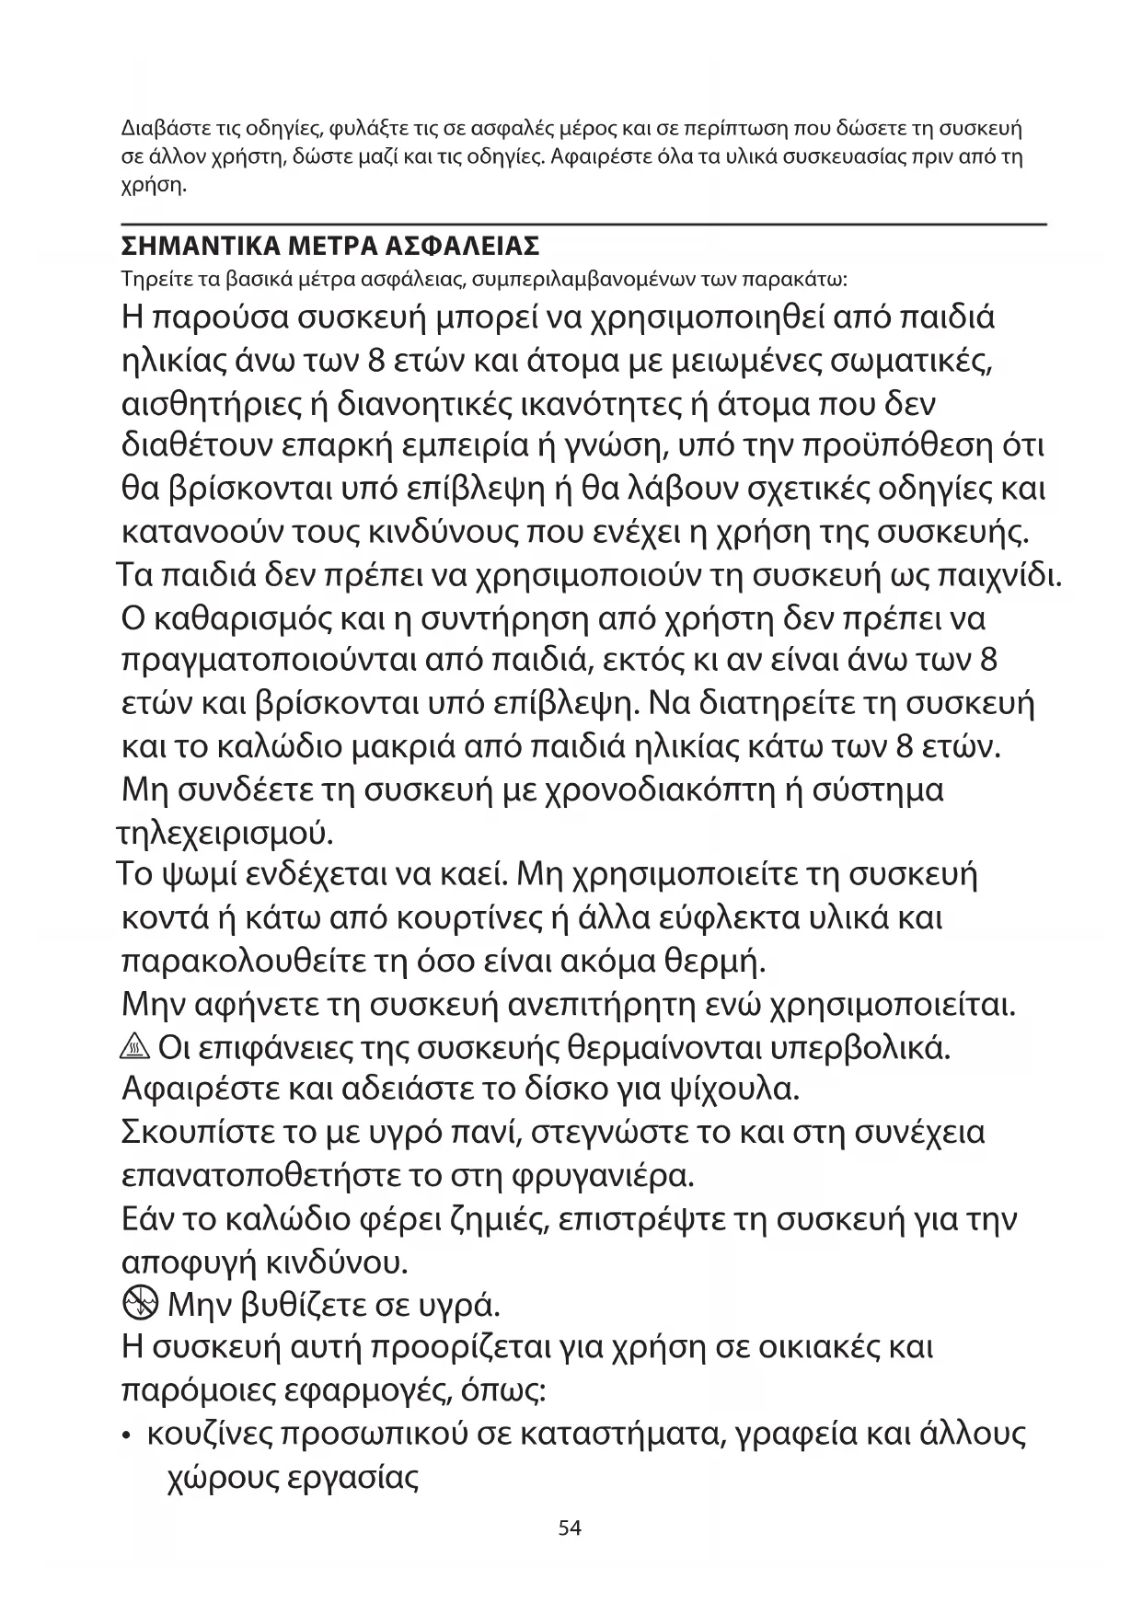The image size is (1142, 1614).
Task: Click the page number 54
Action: click(570, 1528)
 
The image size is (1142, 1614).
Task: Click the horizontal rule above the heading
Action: click(585, 224)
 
